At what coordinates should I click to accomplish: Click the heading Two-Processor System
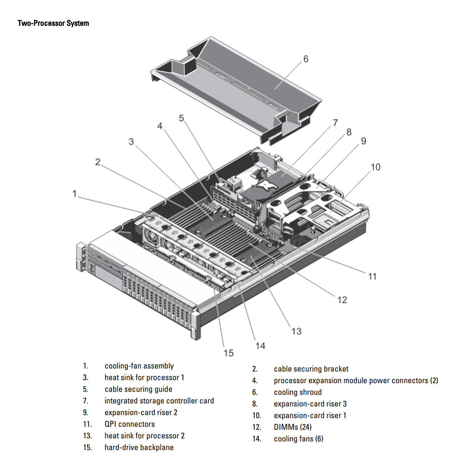click(x=53, y=23)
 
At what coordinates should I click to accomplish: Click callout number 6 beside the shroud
click(x=305, y=59)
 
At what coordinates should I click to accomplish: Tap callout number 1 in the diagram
click(x=75, y=194)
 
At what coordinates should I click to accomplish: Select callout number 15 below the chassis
click(x=228, y=353)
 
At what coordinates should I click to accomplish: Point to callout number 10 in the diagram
click(x=375, y=167)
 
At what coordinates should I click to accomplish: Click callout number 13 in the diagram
click(x=296, y=331)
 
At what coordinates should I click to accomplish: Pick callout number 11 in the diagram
click(x=372, y=276)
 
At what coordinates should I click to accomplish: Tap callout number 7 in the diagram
click(x=335, y=123)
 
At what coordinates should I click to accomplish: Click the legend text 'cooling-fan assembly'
click(x=139, y=366)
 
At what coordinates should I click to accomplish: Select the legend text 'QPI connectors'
click(x=129, y=424)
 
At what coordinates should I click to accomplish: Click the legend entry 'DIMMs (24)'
click(x=293, y=427)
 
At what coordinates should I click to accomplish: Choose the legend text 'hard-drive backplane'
click(x=139, y=447)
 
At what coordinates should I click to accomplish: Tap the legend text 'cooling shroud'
click(x=298, y=392)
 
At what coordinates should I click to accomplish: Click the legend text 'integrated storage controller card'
click(x=159, y=401)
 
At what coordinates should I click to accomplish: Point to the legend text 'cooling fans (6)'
click(x=298, y=439)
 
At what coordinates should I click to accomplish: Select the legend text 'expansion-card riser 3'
click(x=310, y=404)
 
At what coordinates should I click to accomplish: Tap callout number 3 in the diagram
click(x=131, y=142)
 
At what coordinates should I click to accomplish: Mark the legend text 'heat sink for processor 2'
click(x=144, y=436)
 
